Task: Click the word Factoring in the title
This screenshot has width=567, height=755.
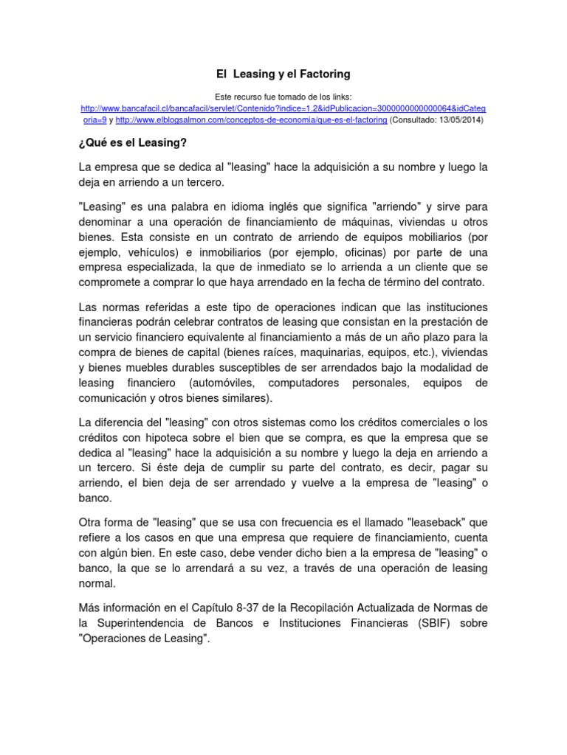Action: [323, 74]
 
